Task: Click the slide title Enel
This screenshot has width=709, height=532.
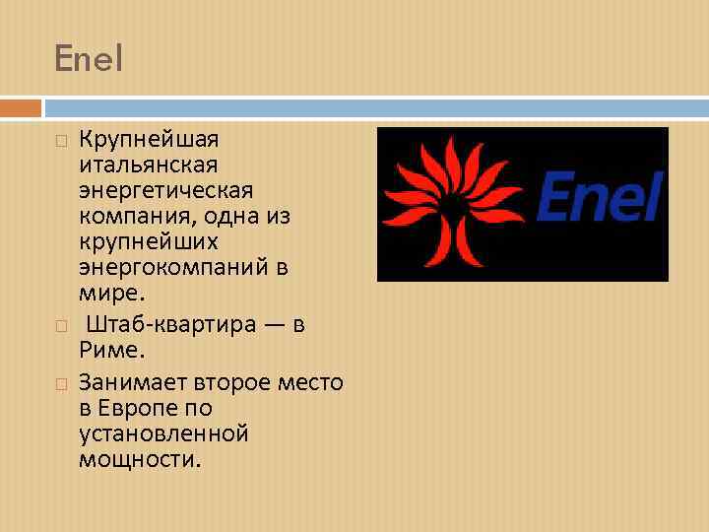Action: point(90,60)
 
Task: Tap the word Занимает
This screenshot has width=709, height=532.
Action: point(133,381)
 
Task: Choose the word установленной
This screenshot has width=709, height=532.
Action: point(163,432)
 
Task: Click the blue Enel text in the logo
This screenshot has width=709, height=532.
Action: point(599,196)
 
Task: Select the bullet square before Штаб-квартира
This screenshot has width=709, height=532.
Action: point(61,326)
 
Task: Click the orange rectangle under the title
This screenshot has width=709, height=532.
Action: point(21,106)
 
